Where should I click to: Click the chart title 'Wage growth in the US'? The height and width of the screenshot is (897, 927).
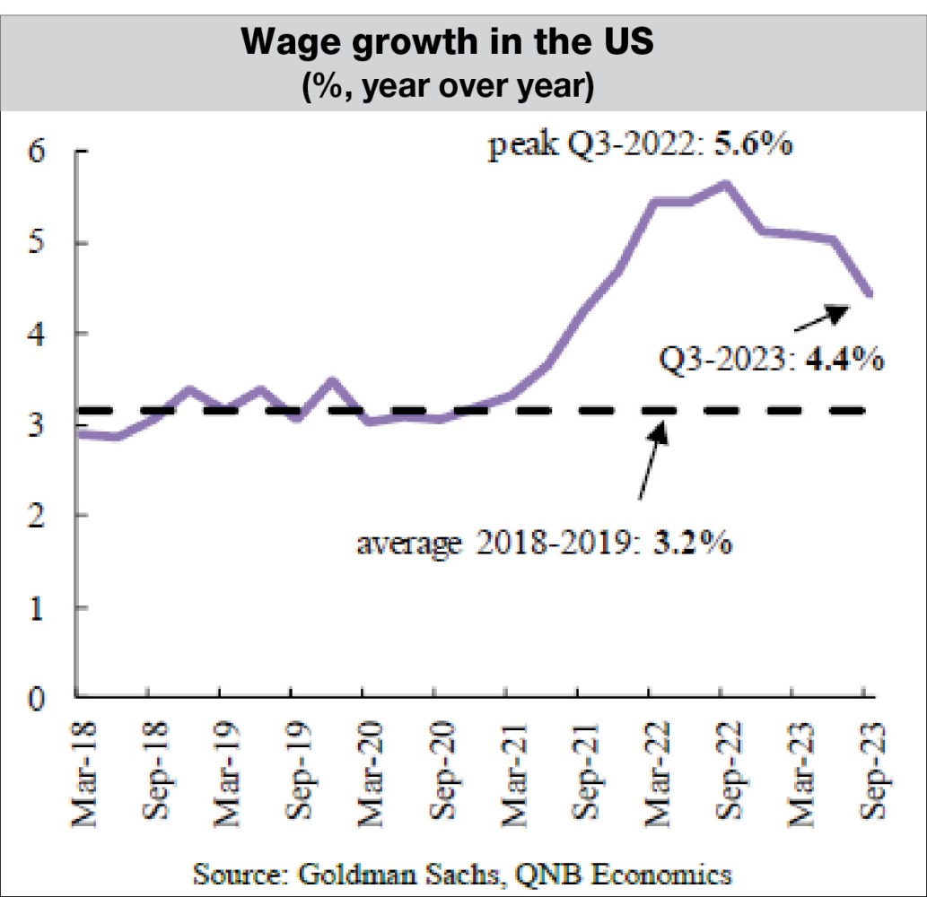(462, 45)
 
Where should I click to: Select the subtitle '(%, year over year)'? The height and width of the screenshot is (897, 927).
(462, 88)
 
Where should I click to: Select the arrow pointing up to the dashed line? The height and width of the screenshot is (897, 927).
(652, 460)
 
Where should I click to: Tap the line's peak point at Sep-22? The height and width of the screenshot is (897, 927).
(723, 184)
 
